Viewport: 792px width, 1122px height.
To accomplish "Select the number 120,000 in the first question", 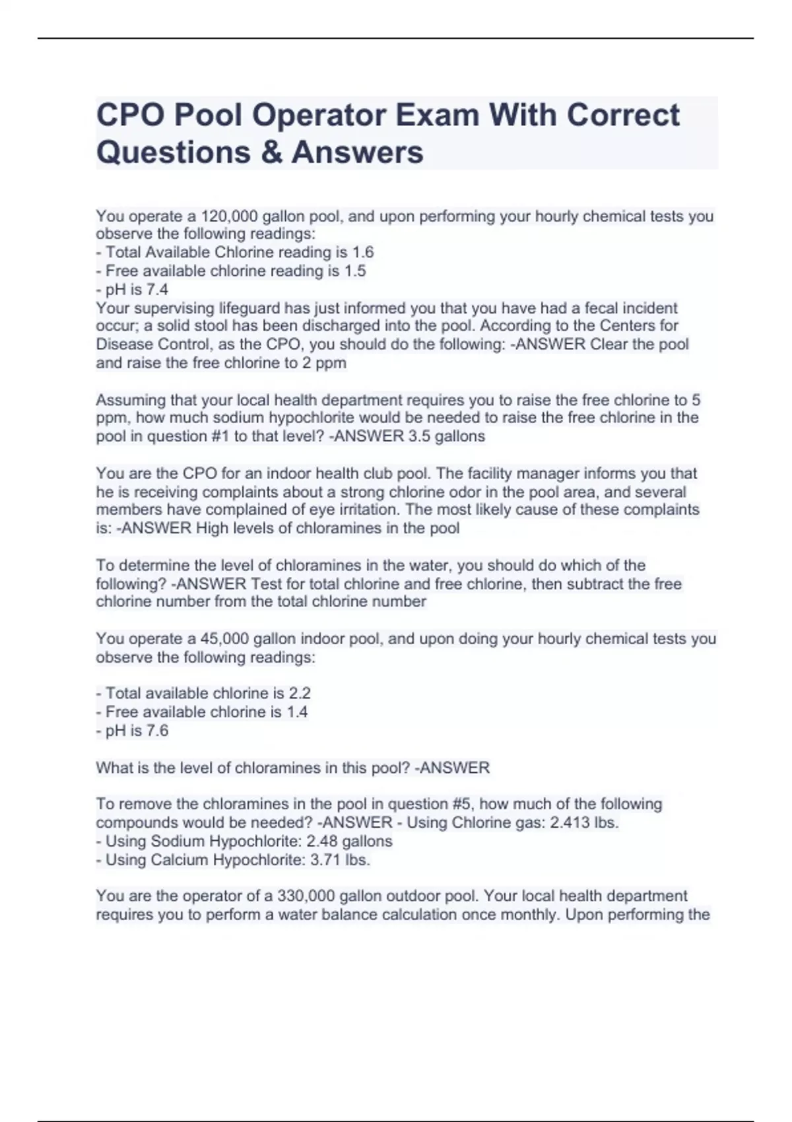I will pos(224,216).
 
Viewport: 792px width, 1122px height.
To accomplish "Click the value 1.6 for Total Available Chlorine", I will pos(363,253).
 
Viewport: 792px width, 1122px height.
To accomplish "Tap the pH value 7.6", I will pos(157,731).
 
